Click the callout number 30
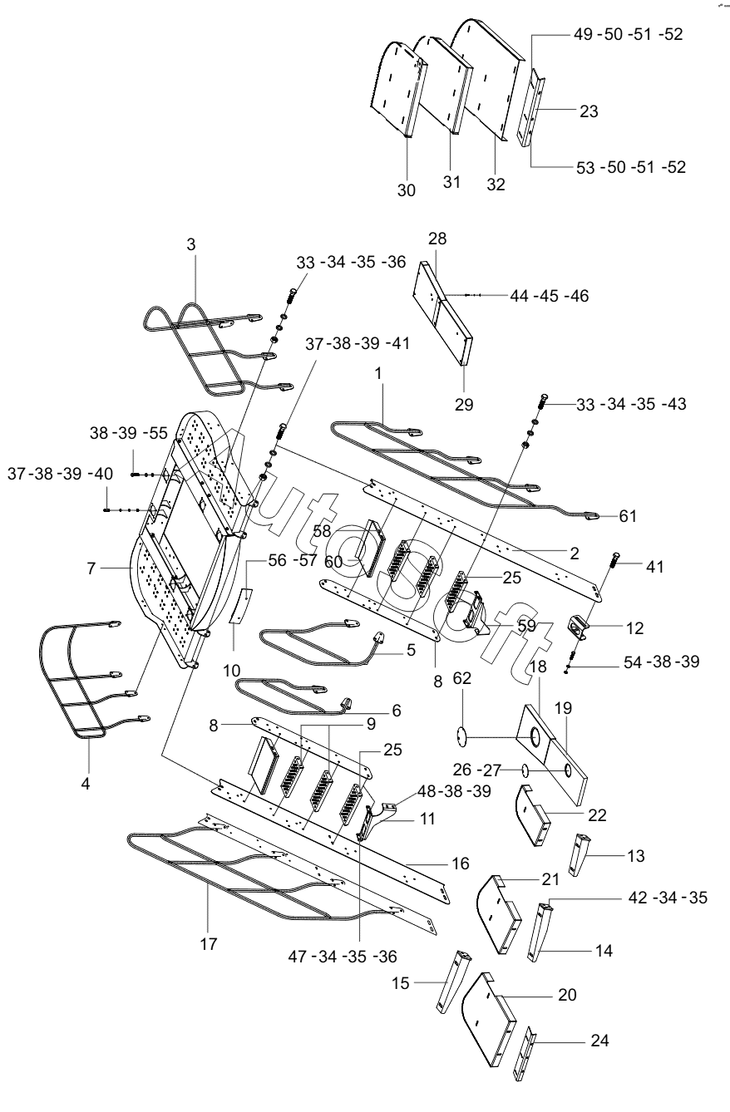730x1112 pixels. click(x=406, y=190)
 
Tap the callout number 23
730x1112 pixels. click(x=589, y=111)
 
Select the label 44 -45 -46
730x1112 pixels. click(x=550, y=296)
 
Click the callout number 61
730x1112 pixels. click(x=628, y=516)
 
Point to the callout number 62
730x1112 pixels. click(x=461, y=678)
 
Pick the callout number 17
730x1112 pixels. click(x=209, y=944)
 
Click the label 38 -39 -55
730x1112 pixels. click(x=129, y=433)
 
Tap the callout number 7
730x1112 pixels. click(x=91, y=568)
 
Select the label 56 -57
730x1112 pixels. click(x=293, y=560)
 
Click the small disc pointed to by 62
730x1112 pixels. click(x=461, y=736)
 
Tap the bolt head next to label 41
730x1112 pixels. click(x=617, y=557)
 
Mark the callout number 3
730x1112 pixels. click(x=191, y=244)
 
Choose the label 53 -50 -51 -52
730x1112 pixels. click(x=631, y=167)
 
